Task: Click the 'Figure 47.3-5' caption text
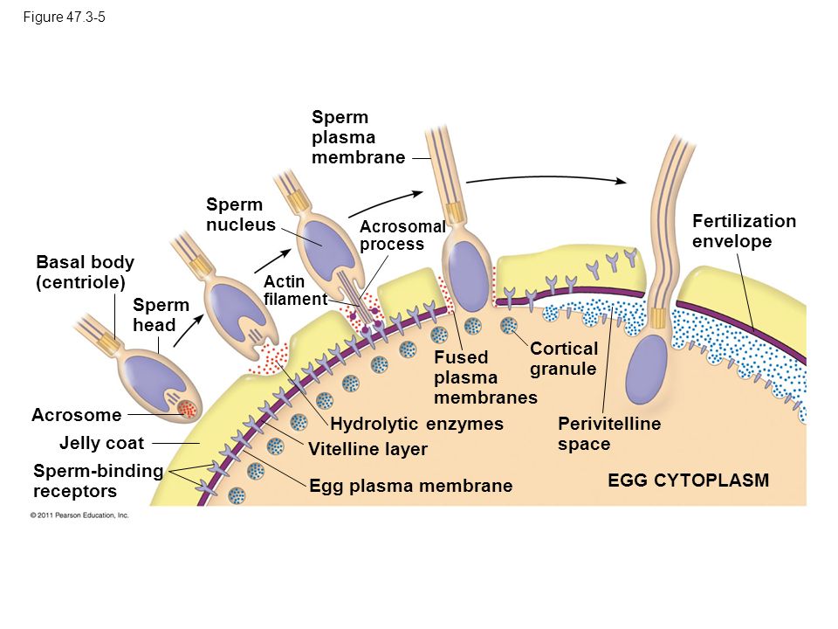(64, 17)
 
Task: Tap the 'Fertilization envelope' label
(744, 231)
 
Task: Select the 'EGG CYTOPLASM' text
(689, 480)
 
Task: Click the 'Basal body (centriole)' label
(85, 272)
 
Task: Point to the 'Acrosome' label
(77, 414)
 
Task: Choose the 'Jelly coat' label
(101, 443)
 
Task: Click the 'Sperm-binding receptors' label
(98, 480)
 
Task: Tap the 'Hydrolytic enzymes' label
(417, 424)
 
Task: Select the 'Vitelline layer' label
(367, 449)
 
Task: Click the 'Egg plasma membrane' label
(411, 485)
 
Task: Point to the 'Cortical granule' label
(563, 358)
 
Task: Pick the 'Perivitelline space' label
(609, 433)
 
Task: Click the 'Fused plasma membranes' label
(486, 377)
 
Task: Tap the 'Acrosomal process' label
(402, 235)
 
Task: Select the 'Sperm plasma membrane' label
(358, 137)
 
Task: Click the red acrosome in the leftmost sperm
(187, 409)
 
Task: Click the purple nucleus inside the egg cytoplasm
(646, 369)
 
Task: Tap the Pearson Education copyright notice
(79, 515)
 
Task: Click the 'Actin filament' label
(295, 290)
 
